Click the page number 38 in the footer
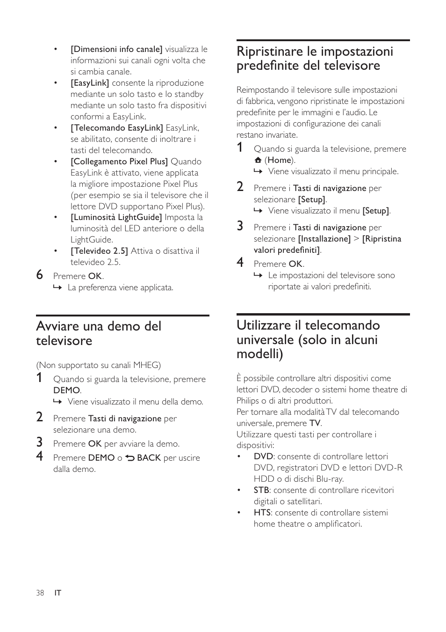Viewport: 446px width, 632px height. point(40,593)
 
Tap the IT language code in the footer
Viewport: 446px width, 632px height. point(58,593)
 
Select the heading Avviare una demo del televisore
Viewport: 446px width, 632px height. point(99,333)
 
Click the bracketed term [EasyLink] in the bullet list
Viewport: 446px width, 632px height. point(90,83)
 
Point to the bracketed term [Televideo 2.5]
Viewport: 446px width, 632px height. point(99,251)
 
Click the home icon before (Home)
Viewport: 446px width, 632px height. point(258,160)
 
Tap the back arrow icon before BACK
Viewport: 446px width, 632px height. point(130,458)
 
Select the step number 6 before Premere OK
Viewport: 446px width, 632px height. point(40,275)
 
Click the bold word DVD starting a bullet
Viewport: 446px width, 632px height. point(263,456)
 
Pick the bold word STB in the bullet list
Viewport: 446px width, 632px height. point(261,490)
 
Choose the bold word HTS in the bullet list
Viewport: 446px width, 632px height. point(262,513)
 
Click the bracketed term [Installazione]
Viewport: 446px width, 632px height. point(324,239)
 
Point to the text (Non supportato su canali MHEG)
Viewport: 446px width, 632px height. point(99,365)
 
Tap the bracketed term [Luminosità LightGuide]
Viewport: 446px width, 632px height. point(116,217)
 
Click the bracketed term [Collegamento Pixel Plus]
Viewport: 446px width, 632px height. point(119,162)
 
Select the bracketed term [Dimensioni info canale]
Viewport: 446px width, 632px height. point(116,49)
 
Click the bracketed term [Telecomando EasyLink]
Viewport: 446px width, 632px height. point(117,128)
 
